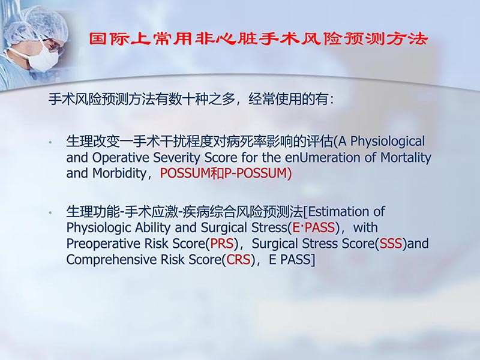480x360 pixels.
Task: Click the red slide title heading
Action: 258,40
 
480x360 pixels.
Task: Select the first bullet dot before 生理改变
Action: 52,143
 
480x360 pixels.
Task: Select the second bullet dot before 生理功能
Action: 52,213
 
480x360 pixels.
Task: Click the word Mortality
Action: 404,158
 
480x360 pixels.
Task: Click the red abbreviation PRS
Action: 221,244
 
